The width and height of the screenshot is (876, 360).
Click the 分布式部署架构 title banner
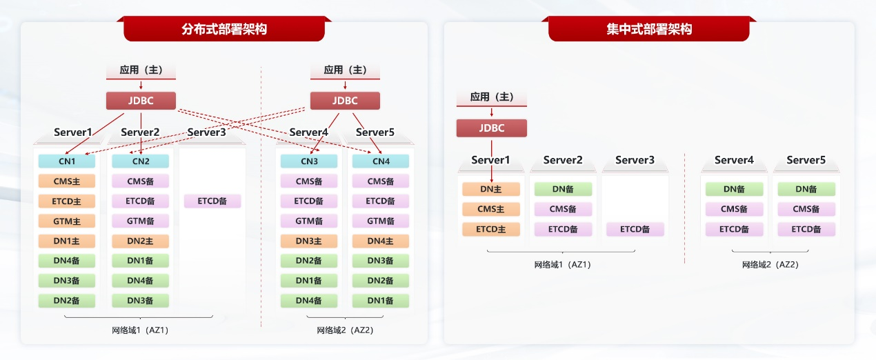pos(224,29)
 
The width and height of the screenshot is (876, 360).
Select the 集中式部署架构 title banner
pos(648,29)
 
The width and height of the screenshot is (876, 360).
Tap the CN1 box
pos(67,161)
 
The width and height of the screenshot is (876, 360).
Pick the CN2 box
pos(140,161)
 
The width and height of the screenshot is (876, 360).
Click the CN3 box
pos(308,161)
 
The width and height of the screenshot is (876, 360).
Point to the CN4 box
pos(381,161)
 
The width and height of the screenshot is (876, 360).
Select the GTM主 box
pos(67,221)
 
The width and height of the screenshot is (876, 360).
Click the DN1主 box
pos(67,241)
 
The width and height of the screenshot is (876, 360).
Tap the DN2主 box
pos(140,241)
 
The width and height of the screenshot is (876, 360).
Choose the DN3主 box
pos(308,241)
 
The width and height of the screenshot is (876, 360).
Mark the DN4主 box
pos(381,241)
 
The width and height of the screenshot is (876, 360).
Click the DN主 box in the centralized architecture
pos(490,189)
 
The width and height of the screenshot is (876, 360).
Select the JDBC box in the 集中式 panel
pos(491,128)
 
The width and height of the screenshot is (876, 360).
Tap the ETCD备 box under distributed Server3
pos(212,201)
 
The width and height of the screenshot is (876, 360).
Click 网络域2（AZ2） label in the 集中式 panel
pos(770,264)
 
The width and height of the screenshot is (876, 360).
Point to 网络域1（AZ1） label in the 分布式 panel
pos(140,330)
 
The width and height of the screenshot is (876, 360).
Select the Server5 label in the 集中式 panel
pos(806,160)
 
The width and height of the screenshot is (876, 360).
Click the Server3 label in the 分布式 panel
pos(207,132)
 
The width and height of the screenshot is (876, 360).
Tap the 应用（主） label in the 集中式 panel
pos(491,97)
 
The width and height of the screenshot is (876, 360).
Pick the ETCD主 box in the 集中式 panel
pos(490,229)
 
